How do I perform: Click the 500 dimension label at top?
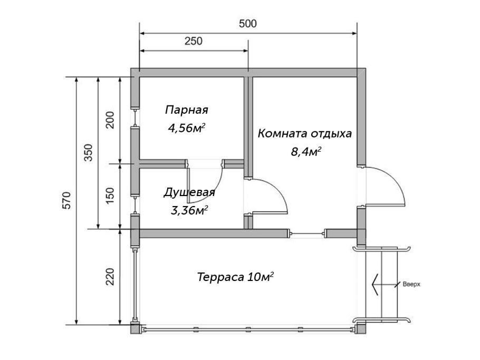click(247, 24)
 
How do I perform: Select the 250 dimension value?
click(194, 42)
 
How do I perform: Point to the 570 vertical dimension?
click(67, 201)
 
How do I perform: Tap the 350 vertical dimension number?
click(89, 153)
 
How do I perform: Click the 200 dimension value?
click(110, 120)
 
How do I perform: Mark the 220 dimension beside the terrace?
click(110, 277)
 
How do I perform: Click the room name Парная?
click(187, 110)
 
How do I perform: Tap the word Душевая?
click(189, 192)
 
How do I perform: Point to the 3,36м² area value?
click(189, 211)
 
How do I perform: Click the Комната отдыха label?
click(305, 133)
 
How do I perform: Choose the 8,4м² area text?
click(306, 152)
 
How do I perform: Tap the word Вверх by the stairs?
click(411, 284)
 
